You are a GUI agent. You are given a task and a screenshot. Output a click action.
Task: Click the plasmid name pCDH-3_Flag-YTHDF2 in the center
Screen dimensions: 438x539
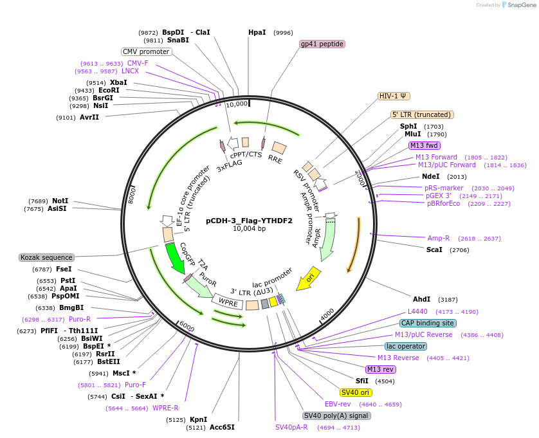(x=249, y=220)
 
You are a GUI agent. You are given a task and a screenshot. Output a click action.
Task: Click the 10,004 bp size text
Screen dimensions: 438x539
(x=249, y=228)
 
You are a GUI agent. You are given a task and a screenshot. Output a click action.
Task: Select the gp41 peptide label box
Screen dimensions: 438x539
(x=322, y=44)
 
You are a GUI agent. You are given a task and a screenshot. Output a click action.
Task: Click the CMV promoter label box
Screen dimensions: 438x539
(x=146, y=51)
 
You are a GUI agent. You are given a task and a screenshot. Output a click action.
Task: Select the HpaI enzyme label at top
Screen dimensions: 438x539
(x=257, y=32)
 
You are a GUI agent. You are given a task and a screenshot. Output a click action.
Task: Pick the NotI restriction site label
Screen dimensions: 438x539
(x=60, y=201)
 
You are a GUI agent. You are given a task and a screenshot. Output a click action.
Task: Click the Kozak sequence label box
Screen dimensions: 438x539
(x=47, y=257)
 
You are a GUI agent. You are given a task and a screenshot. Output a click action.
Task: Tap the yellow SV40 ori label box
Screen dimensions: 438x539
(x=356, y=392)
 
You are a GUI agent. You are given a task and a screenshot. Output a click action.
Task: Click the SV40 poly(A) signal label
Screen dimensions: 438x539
(x=336, y=415)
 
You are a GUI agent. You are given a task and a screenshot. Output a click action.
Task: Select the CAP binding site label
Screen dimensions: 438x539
(x=428, y=323)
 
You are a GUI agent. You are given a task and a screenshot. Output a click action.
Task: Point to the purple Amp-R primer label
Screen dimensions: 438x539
(x=439, y=238)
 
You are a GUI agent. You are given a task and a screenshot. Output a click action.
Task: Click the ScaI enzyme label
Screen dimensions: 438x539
(x=434, y=250)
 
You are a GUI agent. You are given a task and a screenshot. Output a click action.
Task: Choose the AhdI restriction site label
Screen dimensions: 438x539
(x=421, y=299)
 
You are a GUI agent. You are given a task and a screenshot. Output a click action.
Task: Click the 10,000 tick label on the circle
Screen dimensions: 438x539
(x=237, y=104)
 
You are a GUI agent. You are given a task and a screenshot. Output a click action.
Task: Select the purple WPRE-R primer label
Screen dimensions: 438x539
(x=165, y=408)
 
